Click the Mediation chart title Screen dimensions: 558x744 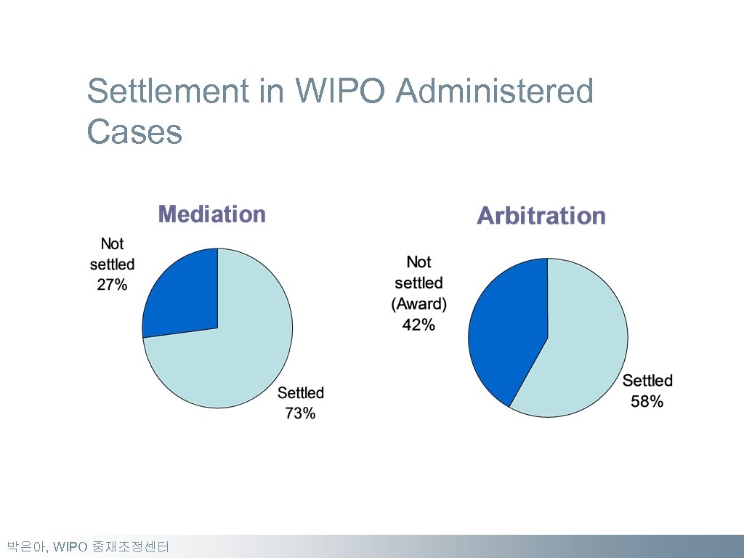click(x=211, y=214)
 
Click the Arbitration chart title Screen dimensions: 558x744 click(x=541, y=216)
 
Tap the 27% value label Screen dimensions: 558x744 click(x=112, y=286)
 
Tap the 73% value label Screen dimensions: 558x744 click(x=300, y=413)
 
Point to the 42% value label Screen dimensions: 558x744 click(x=418, y=325)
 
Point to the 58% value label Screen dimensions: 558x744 click(x=647, y=401)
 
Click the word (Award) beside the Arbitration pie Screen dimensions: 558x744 click(x=418, y=304)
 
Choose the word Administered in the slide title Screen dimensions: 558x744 click(x=495, y=92)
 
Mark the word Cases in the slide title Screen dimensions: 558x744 click(x=134, y=132)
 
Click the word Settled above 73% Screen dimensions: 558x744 click(x=301, y=393)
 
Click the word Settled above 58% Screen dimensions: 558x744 click(x=647, y=380)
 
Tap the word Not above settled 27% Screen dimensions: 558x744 click(x=112, y=243)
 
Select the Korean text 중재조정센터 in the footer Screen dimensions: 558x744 click(x=130, y=546)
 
